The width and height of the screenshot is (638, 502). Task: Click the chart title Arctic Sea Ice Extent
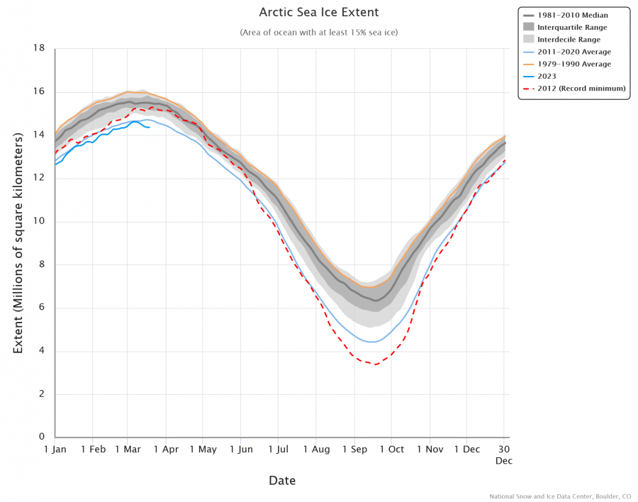(318, 13)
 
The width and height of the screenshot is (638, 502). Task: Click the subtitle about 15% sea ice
(318, 33)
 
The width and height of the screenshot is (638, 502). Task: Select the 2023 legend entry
(547, 76)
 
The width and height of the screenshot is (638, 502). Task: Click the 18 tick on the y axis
(40, 48)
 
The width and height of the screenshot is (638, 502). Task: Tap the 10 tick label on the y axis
(40, 221)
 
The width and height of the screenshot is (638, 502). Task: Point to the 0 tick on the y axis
(43, 437)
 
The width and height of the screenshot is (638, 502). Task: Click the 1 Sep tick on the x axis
(354, 449)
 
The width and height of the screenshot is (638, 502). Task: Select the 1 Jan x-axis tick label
(55, 449)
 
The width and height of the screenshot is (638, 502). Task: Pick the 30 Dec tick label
(504, 454)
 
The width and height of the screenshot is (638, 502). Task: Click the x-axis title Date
(282, 481)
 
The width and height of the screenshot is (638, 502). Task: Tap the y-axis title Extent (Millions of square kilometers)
(18, 242)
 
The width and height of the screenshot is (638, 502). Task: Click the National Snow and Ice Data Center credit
(560, 496)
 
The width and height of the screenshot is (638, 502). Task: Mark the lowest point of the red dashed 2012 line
(375, 364)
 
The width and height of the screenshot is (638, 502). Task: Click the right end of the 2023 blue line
(149, 127)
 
